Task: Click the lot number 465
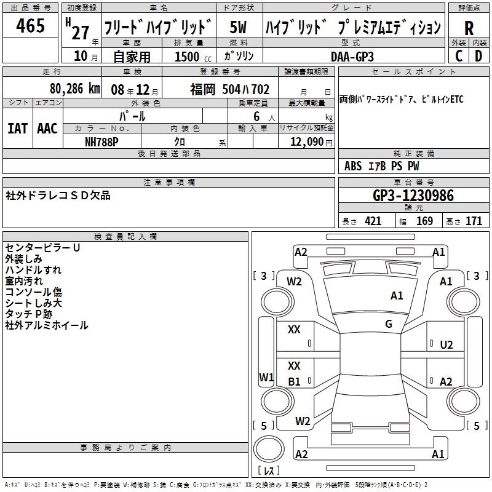click(x=30, y=25)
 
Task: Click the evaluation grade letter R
click(x=469, y=28)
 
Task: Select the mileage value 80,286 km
click(x=74, y=89)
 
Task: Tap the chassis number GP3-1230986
click(x=413, y=195)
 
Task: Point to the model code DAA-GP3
click(x=352, y=57)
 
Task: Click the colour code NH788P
click(x=101, y=142)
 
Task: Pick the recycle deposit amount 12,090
click(x=306, y=141)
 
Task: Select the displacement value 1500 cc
click(x=193, y=57)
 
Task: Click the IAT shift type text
click(x=17, y=128)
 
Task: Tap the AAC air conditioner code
click(x=47, y=128)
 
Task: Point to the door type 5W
click(x=238, y=27)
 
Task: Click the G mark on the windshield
click(x=389, y=323)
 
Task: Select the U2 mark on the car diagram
click(x=446, y=345)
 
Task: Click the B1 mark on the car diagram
click(x=294, y=381)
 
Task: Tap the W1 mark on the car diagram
click(x=266, y=377)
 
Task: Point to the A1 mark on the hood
click(x=397, y=295)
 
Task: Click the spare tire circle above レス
click(x=269, y=449)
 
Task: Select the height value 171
click(x=474, y=221)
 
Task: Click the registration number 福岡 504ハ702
click(x=229, y=89)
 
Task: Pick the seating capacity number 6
click(x=256, y=116)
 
